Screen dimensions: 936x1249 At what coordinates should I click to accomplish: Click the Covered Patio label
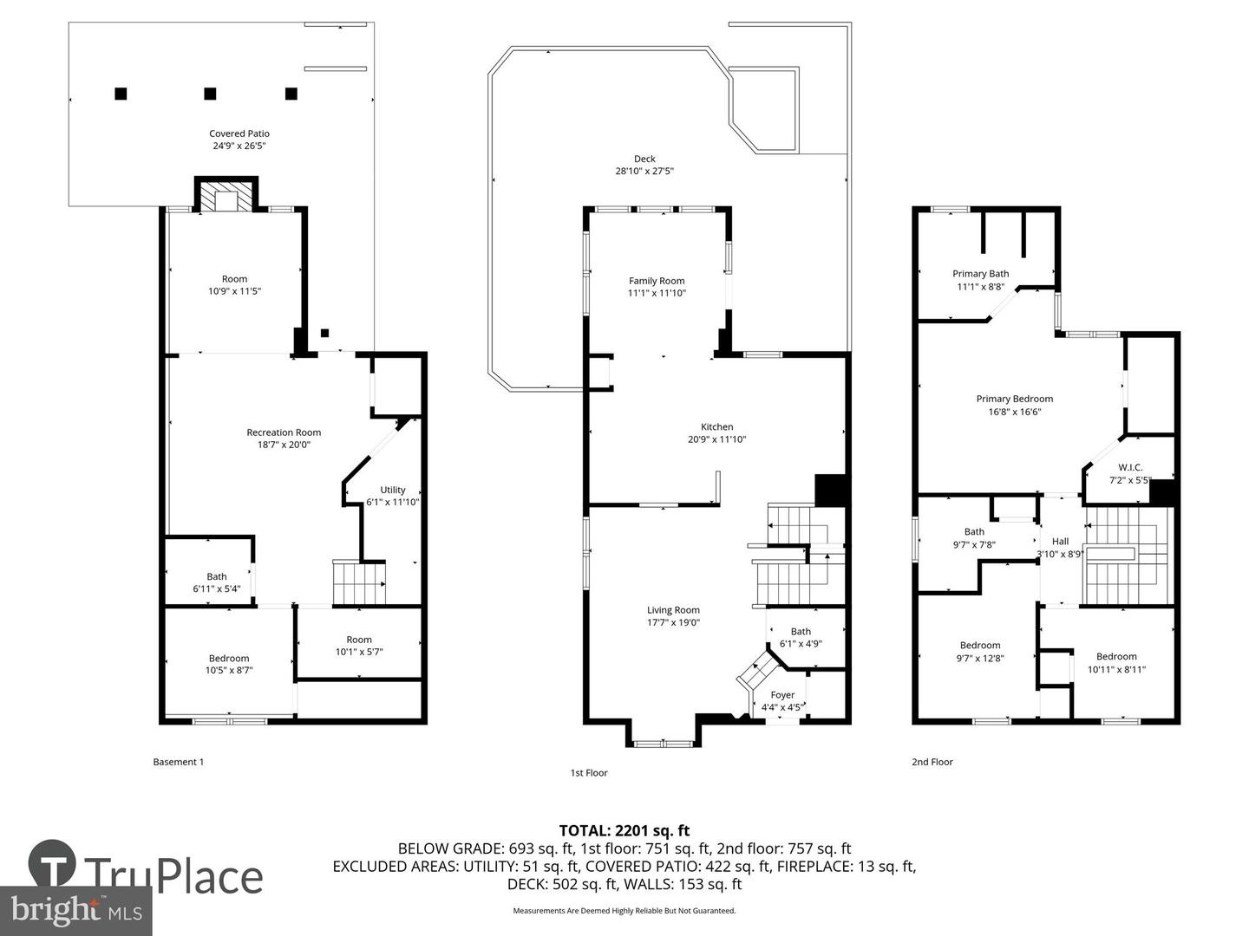click(239, 133)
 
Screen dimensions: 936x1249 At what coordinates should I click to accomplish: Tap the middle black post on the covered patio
click(210, 94)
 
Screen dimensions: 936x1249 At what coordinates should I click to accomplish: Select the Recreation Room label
click(284, 432)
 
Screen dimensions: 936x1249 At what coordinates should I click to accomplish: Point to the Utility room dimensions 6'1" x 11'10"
click(392, 502)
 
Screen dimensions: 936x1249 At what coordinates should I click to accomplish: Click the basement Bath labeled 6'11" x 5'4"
click(217, 582)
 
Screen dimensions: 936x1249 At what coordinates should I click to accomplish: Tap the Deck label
click(644, 159)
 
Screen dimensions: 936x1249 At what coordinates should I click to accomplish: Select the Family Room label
click(657, 281)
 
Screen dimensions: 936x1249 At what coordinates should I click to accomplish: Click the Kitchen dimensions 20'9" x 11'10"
click(716, 439)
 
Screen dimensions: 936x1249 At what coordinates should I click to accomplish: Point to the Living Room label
click(673, 610)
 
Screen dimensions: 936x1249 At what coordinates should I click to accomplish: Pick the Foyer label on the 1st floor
click(782, 695)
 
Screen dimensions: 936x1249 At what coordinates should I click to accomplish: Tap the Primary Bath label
click(980, 274)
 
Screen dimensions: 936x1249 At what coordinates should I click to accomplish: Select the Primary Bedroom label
click(1014, 400)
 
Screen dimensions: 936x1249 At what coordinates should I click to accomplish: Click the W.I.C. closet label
click(1130, 468)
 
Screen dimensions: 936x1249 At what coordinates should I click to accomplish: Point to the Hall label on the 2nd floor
click(1060, 542)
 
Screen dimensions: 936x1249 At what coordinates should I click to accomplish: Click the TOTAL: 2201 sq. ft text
click(624, 831)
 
